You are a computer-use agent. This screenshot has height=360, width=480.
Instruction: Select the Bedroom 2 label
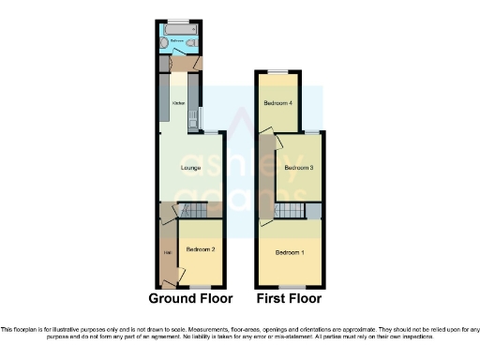(x=201, y=249)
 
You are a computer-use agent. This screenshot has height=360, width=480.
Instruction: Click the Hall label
(x=167, y=253)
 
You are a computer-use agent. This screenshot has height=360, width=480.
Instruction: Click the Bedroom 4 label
(x=277, y=102)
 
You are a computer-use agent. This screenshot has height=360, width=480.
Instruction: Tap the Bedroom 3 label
(x=298, y=168)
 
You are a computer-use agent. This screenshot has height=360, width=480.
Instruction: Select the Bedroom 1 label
(x=290, y=253)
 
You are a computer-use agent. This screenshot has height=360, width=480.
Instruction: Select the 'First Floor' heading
(x=289, y=299)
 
